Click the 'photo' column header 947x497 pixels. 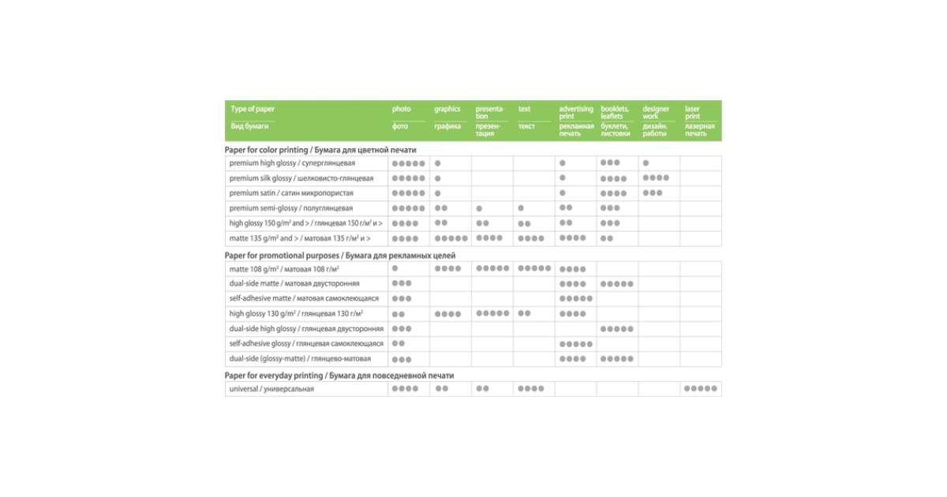(402, 109)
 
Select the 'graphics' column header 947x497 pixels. (447, 109)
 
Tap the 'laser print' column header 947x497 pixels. (692, 113)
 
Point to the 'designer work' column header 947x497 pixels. (656, 113)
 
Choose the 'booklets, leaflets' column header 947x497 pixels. (615, 113)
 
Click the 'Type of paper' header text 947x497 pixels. (253, 109)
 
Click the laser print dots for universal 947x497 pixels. (701, 389)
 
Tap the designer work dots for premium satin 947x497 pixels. (653, 193)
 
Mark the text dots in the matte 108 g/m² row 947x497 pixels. (534, 269)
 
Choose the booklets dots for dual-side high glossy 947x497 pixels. (617, 329)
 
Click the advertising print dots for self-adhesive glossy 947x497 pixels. (575, 344)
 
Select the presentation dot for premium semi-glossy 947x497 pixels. (479, 208)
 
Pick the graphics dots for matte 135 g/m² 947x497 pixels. (451, 238)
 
